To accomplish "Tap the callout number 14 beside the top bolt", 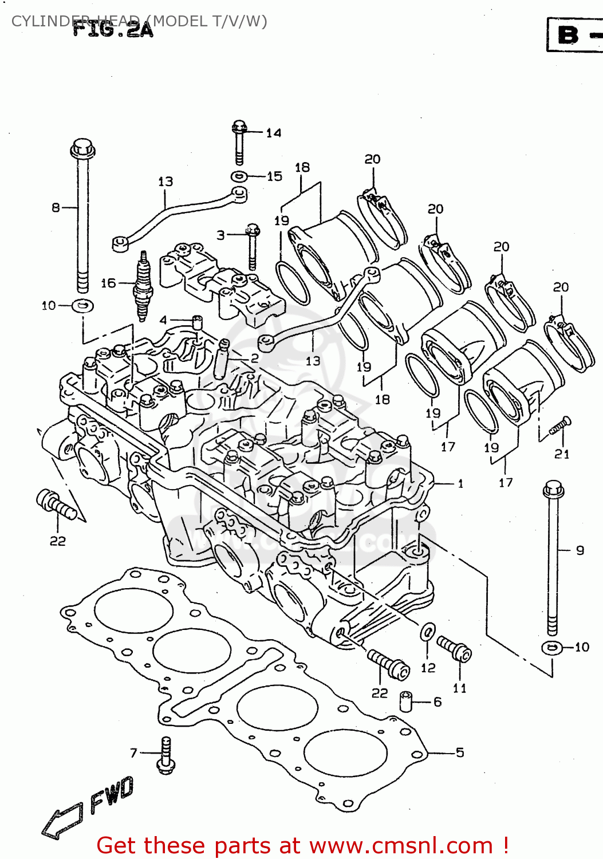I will (274, 133).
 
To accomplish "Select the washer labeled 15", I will (239, 176).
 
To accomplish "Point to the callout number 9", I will (580, 550).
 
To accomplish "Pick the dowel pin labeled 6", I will (406, 702).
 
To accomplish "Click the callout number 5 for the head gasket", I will (460, 752).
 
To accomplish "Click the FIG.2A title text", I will (113, 29).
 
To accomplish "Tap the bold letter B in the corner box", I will (568, 35).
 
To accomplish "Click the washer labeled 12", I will (427, 632).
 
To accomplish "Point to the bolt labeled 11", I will (455, 648).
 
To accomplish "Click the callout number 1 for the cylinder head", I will (460, 484).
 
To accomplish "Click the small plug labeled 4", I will (196, 322).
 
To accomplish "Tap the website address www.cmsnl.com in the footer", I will (401, 846).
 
